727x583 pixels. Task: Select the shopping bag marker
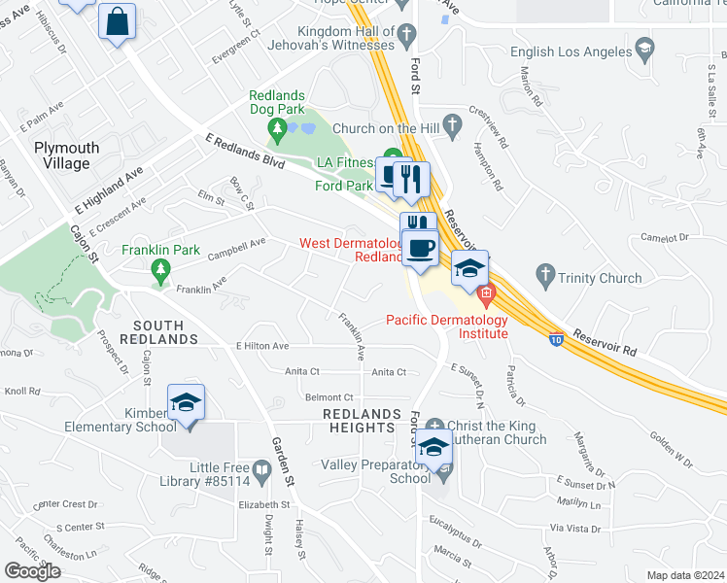coord(117,22)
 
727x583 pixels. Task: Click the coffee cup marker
coord(419,249)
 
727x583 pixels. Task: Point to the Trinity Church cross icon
coord(546,278)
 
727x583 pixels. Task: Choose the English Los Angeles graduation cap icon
coord(643,49)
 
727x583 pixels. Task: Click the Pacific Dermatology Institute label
coord(447,326)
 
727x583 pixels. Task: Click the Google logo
coord(32,571)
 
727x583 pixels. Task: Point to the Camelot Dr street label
coord(664,236)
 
